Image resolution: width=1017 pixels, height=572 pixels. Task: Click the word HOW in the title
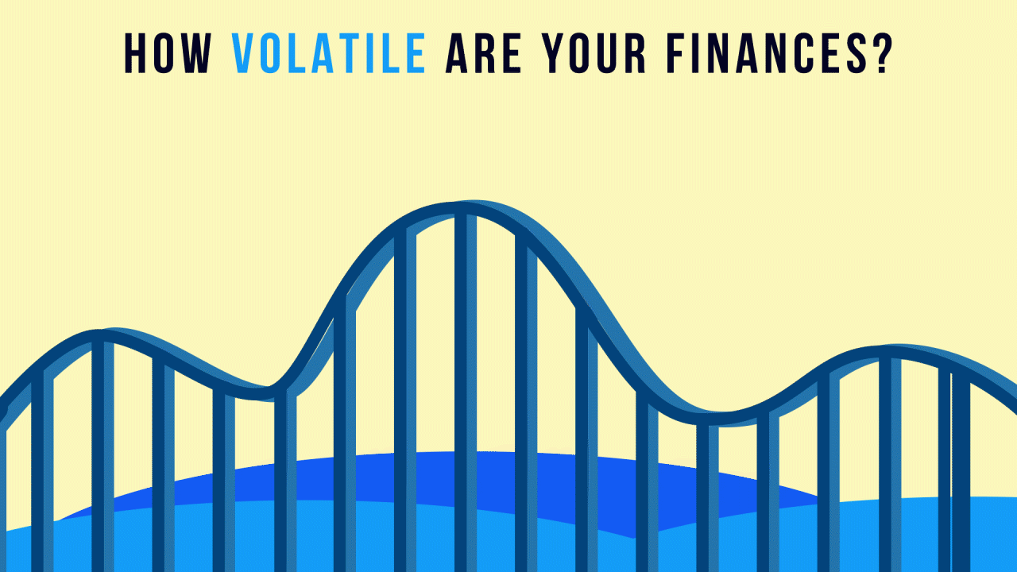(x=168, y=53)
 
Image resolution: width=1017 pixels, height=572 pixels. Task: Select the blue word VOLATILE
(x=329, y=53)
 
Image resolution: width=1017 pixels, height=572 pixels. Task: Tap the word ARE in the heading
(x=483, y=53)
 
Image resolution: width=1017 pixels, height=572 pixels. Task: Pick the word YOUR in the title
(x=594, y=53)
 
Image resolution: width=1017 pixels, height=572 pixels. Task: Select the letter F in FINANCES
(x=677, y=53)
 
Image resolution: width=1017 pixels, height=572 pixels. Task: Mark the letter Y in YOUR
(x=554, y=53)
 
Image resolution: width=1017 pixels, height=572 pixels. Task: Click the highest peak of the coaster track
(x=466, y=207)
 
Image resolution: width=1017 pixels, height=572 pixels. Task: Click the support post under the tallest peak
(x=466, y=392)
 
